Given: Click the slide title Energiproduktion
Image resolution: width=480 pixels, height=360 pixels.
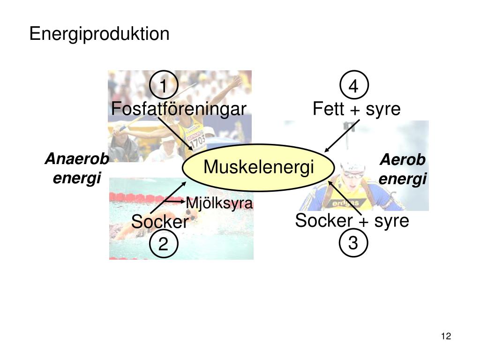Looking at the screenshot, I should [x=99, y=34].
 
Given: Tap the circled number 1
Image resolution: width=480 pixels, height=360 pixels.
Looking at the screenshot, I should [x=163, y=86].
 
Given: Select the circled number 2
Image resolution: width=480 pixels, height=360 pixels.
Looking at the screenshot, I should [x=163, y=244].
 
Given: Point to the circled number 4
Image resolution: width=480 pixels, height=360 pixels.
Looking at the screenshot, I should [x=354, y=86].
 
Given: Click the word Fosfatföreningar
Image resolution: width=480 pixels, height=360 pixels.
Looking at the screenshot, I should [x=179, y=109].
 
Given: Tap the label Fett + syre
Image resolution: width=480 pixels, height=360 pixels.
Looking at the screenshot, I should [x=357, y=109].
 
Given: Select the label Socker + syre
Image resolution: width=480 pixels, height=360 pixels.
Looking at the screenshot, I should [x=352, y=221].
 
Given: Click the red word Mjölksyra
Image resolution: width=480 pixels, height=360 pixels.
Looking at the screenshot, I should [x=219, y=203].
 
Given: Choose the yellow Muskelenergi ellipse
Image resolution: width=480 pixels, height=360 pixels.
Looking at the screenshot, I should [x=258, y=167].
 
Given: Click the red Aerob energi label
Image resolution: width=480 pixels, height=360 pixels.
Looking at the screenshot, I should [x=403, y=169].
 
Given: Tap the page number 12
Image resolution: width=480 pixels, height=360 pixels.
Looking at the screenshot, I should [x=445, y=336].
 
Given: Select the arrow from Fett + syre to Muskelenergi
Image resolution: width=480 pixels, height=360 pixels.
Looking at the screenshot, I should [x=342, y=136].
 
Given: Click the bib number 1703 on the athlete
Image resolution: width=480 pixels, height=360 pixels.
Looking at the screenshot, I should [x=197, y=140].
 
